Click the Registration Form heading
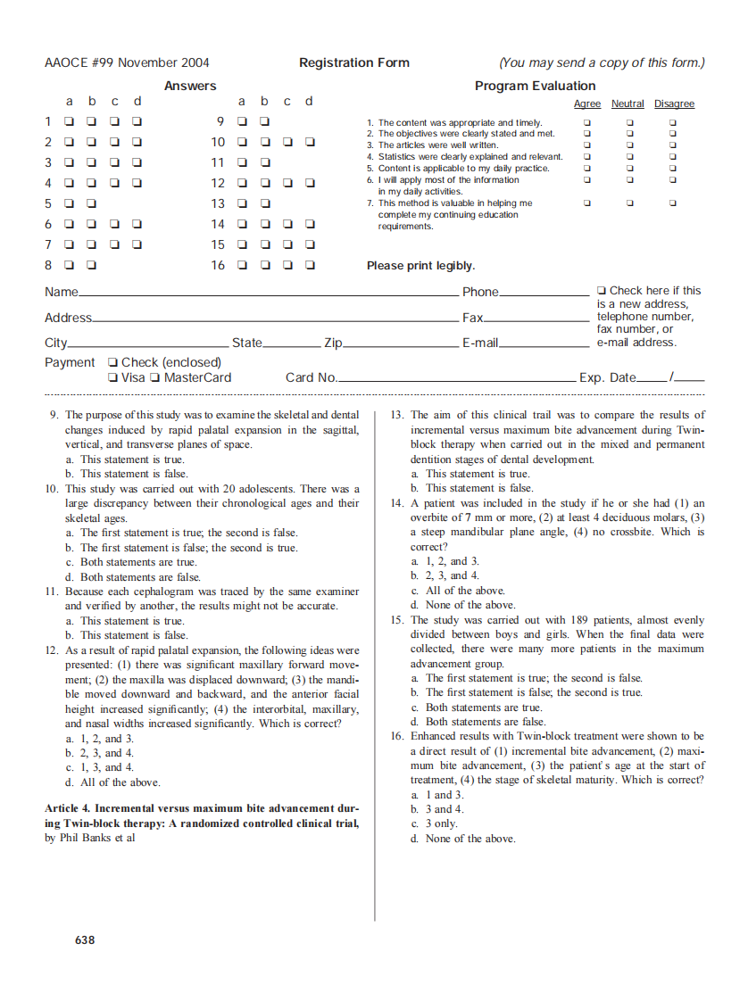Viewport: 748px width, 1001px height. coord(354,62)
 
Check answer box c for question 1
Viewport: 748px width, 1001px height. coord(114,121)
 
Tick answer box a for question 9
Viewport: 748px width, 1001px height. coord(241,121)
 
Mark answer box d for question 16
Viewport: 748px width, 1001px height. coord(310,265)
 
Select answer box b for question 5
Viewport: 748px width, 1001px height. coord(91,203)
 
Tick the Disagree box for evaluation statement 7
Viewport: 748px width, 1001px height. coord(673,203)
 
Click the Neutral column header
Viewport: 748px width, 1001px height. coord(627,104)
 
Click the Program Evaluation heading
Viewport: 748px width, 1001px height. coord(535,86)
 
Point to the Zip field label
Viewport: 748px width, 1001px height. coord(333,343)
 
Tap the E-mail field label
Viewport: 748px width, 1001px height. coord(479,343)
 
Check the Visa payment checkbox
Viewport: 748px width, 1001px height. coord(112,377)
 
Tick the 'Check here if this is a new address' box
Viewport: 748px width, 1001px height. coord(602,290)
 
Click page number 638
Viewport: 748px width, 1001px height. coord(85,939)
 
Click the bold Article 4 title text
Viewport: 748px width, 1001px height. coord(202,815)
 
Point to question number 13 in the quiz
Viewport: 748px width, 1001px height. coord(397,415)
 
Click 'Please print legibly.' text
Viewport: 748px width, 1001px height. coord(420,266)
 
